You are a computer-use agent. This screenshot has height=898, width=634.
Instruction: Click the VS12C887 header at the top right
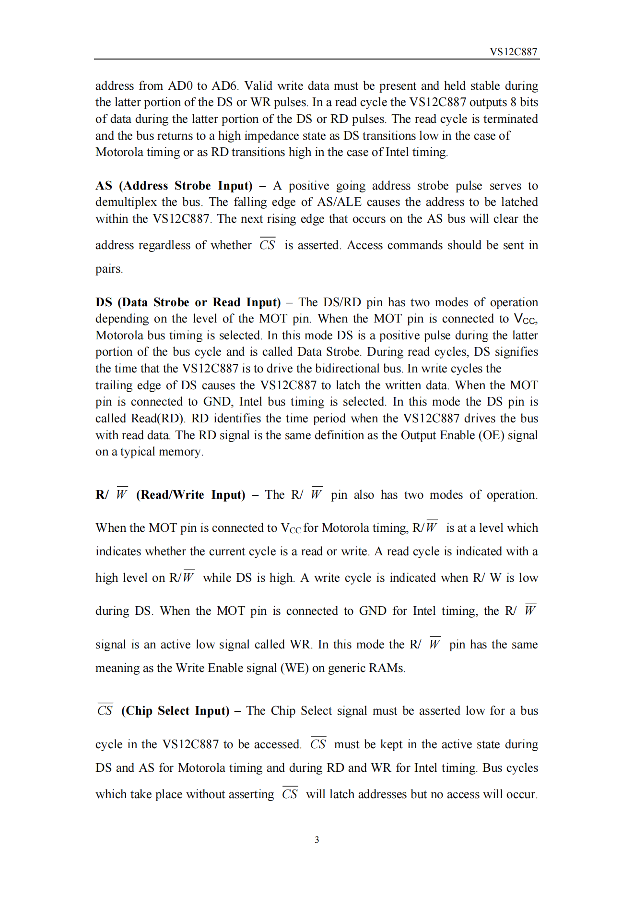[513, 52]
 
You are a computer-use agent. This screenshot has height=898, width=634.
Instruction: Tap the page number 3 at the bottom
[317, 839]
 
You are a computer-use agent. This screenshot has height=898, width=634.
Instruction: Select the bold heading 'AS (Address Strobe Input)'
[174, 186]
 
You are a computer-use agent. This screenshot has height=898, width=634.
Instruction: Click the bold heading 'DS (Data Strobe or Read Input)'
[188, 302]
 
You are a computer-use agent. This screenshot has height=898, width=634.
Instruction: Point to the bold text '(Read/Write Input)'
[190, 495]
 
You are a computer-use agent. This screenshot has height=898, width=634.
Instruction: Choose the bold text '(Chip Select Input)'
[175, 711]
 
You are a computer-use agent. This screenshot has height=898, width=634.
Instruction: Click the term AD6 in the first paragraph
[224, 86]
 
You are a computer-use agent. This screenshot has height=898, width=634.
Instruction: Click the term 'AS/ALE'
[340, 202]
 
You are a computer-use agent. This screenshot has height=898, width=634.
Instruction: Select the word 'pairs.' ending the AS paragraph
[109, 269]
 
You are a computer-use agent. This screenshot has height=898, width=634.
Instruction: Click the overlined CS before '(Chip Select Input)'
[105, 710]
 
